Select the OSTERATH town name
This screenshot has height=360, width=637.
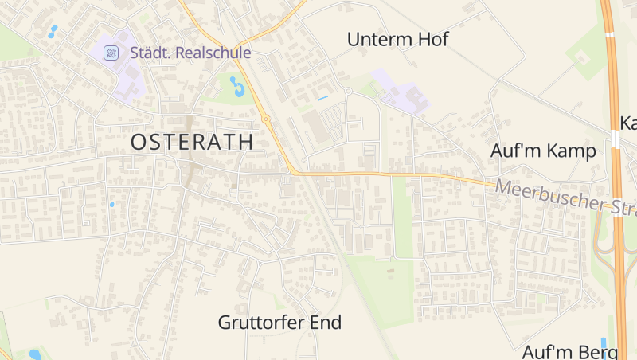point(192,143)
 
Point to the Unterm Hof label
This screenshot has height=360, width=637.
point(398,39)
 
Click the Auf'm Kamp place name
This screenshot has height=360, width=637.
point(543,151)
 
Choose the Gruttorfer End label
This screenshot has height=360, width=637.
point(279,323)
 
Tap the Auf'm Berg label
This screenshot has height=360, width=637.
point(570,351)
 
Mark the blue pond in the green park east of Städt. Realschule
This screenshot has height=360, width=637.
point(237,85)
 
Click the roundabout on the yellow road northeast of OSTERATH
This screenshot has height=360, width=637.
point(266,119)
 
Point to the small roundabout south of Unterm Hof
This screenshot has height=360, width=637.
point(347,92)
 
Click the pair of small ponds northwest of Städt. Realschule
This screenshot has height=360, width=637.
point(53,31)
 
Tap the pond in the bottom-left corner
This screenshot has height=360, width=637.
point(34,354)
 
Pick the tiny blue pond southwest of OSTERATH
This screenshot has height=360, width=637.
point(111,205)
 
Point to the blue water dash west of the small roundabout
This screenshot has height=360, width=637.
point(322,98)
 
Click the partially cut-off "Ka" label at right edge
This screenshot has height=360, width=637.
point(627,123)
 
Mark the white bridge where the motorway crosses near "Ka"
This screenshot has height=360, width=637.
point(616,141)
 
